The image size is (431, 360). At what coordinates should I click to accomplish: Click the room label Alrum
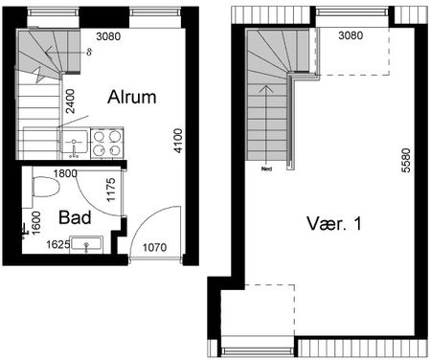tap(132, 99)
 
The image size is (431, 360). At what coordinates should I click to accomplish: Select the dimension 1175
tap(111, 190)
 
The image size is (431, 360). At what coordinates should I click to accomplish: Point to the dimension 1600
tap(35, 221)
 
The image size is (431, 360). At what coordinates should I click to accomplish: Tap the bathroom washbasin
tap(88, 245)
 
